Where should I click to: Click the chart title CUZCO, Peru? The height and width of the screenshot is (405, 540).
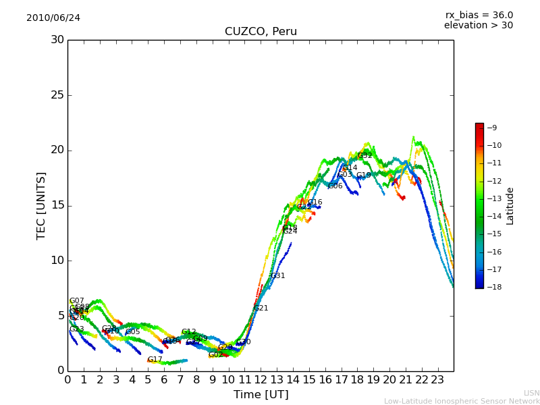click(x=261, y=32)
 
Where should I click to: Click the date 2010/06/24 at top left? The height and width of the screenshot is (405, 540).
click(x=53, y=18)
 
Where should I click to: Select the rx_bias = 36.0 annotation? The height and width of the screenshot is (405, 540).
click(x=479, y=16)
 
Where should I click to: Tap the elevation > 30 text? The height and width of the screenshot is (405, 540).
click(x=478, y=26)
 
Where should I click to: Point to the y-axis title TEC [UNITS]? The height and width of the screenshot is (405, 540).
click(x=41, y=205)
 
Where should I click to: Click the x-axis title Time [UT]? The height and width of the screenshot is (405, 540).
click(x=261, y=395)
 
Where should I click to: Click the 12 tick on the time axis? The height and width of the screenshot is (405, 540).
click(x=261, y=380)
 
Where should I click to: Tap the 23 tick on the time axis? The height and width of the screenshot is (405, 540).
click(x=437, y=380)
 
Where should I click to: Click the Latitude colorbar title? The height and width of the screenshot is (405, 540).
click(x=510, y=206)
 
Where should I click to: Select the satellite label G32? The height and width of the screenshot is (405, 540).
click(x=365, y=156)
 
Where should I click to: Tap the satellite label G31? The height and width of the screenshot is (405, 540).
click(x=278, y=276)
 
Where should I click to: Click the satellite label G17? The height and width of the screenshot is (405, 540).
click(x=155, y=360)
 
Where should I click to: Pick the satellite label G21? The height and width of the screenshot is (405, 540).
click(x=261, y=308)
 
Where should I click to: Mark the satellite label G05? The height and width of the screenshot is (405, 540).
click(x=133, y=332)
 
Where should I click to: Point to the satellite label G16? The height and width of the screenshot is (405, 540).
click(x=315, y=202)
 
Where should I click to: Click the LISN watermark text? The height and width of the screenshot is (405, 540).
click(x=531, y=393)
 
